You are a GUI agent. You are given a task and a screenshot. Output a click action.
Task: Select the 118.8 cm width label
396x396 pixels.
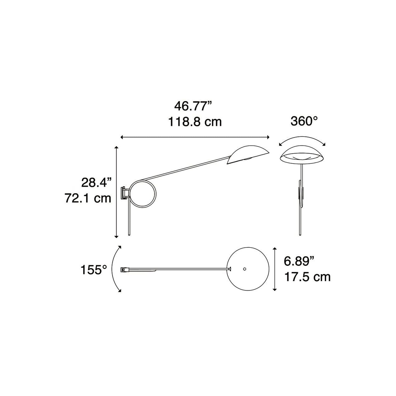[x=195, y=122]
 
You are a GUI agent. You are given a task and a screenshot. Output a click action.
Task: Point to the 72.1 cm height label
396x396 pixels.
[x=88, y=198]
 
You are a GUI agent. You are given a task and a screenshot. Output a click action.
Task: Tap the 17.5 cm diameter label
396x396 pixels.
[x=307, y=277]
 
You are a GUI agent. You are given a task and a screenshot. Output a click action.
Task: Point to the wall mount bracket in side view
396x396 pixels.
[x=125, y=193]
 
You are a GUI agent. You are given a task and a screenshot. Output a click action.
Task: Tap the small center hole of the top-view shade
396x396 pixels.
[x=245, y=269]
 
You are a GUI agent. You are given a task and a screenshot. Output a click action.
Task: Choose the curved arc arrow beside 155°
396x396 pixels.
[x=114, y=269]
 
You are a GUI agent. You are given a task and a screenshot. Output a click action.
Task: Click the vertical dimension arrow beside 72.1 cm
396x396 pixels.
[x=116, y=192]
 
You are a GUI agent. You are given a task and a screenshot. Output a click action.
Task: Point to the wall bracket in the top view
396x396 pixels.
[x=125, y=270]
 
